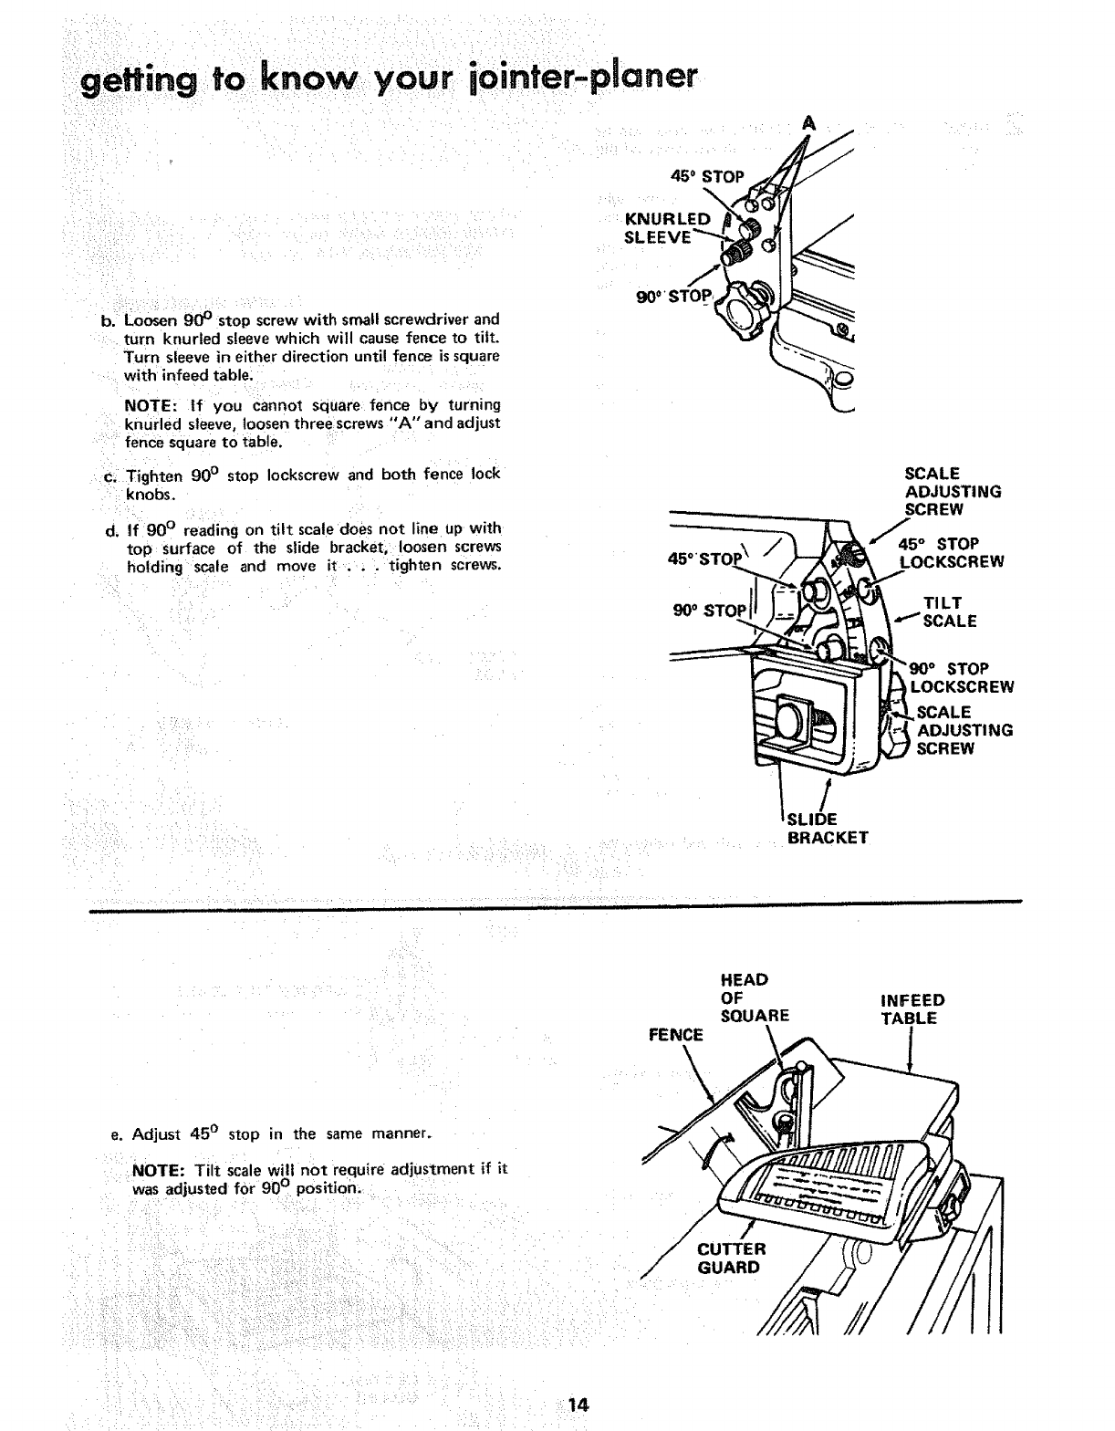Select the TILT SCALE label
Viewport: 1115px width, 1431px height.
point(949,611)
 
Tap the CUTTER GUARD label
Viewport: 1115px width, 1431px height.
point(731,1258)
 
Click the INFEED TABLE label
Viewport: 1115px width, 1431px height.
point(912,1009)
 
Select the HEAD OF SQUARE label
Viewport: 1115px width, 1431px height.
point(754,998)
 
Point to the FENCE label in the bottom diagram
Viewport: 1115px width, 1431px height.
point(675,1035)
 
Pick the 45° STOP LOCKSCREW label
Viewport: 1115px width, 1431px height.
point(951,553)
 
